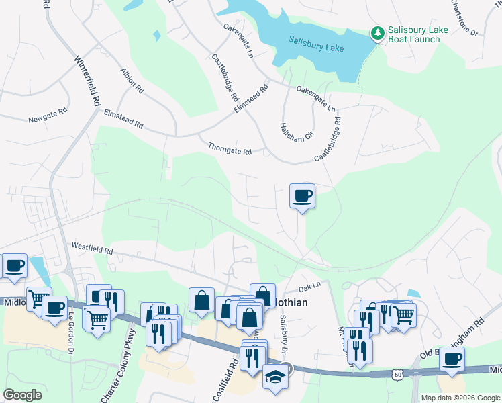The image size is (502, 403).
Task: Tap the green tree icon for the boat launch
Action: click(378, 32)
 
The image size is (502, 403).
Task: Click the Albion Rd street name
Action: click(132, 80)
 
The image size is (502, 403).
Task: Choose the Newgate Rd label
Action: click(48, 119)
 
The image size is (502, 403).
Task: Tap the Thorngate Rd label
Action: click(230, 148)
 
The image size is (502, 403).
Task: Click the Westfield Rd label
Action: click(92, 249)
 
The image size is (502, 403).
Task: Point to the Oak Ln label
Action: click(306, 287)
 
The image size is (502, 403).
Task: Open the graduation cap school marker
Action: click(275, 377)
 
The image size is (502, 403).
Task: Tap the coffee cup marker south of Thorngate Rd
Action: click(302, 195)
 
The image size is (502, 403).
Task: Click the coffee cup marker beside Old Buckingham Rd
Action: click(452, 358)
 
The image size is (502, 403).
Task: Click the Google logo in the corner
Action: click(22, 395)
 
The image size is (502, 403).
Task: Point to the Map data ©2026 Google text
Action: click(460, 398)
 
